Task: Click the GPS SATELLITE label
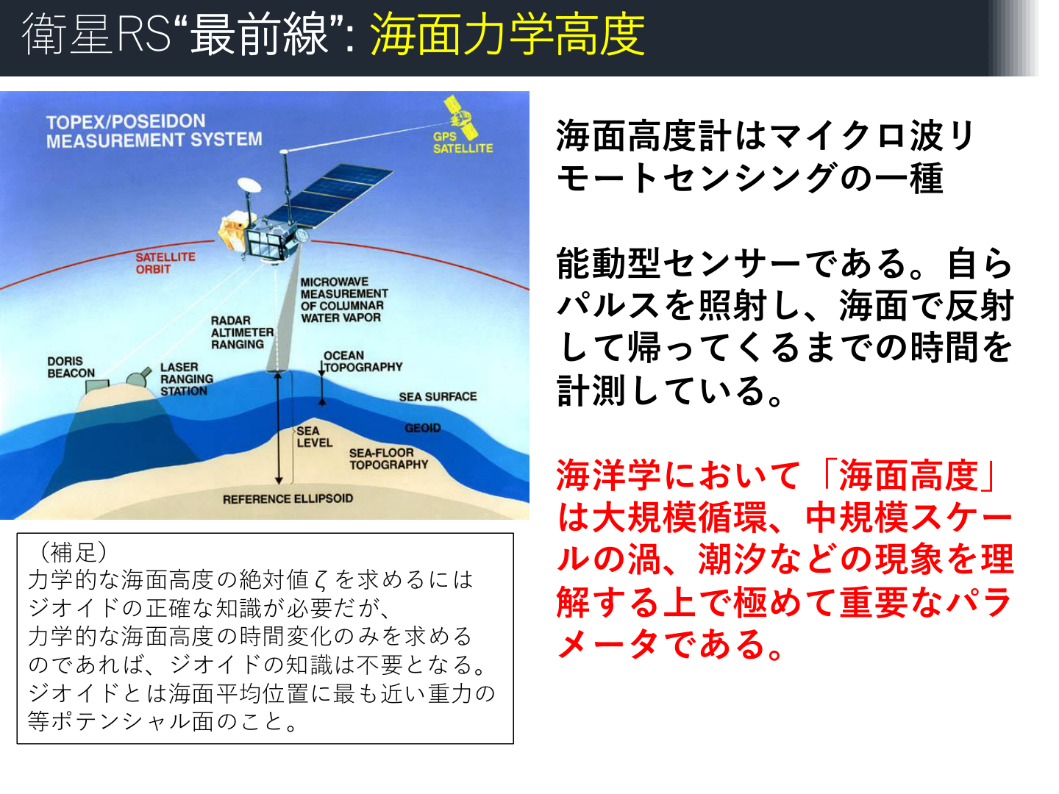tap(462, 142)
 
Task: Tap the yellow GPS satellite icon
tap(462, 116)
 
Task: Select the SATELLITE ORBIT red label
tap(165, 263)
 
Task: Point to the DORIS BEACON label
tap(71, 367)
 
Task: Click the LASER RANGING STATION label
tap(187, 379)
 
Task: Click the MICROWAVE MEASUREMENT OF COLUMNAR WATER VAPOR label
tap(343, 300)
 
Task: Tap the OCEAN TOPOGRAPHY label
tap(363, 361)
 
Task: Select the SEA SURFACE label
tap(438, 397)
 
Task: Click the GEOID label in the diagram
tap(423, 428)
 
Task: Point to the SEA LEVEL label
tap(314, 437)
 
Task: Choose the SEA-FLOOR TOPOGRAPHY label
tap(388, 459)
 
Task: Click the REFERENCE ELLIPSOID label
tap(288, 498)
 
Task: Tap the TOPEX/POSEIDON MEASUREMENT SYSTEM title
tap(154, 131)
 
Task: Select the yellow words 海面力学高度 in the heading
tap(507, 35)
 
